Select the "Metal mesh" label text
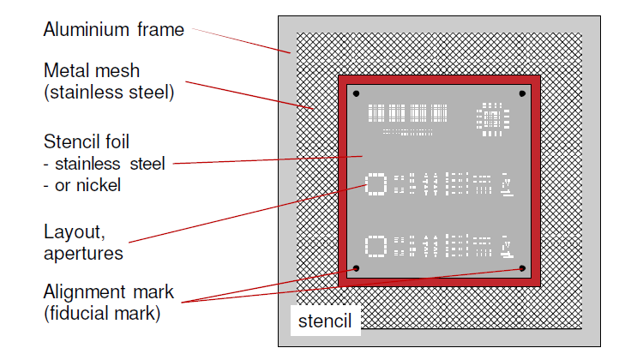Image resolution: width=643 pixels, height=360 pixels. tap(91, 70)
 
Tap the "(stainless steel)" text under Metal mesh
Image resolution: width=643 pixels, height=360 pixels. tap(109, 91)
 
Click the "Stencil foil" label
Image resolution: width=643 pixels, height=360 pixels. tap(89, 141)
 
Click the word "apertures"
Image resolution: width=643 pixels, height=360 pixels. tap(83, 253)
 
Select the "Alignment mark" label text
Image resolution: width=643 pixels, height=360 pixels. tap(108, 292)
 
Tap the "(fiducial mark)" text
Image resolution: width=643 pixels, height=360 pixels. tap(101, 313)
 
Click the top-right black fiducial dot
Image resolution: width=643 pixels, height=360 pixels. tap(521, 93)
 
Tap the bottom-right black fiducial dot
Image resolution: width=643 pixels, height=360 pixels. tap(521, 268)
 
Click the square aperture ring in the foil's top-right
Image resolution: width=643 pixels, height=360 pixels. tap(490, 121)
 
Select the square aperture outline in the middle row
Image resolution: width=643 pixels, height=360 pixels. tap(376, 183)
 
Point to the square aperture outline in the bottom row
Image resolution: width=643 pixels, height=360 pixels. tap(376, 247)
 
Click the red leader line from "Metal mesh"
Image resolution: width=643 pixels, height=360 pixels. tap(249, 95)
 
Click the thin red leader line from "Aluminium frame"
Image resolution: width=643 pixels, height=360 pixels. tap(240, 40)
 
